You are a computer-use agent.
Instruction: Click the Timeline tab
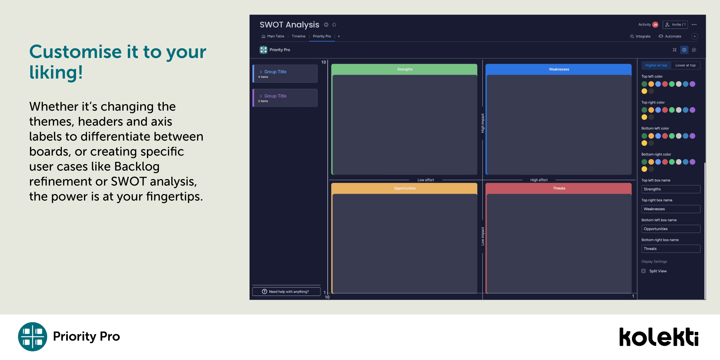(298, 36)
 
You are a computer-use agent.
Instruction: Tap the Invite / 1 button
(675, 25)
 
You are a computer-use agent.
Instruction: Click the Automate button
(670, 36)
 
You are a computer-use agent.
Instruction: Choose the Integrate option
(640, 36)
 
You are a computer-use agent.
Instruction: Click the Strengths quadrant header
(404, 69)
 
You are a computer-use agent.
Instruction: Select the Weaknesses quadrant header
(559, 69)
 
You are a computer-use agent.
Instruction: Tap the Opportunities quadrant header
(404, 188)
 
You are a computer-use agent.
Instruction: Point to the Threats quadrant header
(559, 188)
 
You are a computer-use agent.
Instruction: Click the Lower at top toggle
(686, 65)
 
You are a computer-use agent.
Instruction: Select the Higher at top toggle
(656, 65)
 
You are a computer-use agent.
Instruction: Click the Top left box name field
(671, 189)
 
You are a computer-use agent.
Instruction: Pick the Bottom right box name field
(671, 249)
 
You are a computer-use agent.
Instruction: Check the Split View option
(654, 271)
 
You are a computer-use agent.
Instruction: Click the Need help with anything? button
(286, 292)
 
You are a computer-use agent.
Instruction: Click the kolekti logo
(659, 337)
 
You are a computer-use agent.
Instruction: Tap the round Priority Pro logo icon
(33, 337)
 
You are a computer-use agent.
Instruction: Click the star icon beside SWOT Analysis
(334, 25)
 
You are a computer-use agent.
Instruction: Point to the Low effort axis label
(426, 180)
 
